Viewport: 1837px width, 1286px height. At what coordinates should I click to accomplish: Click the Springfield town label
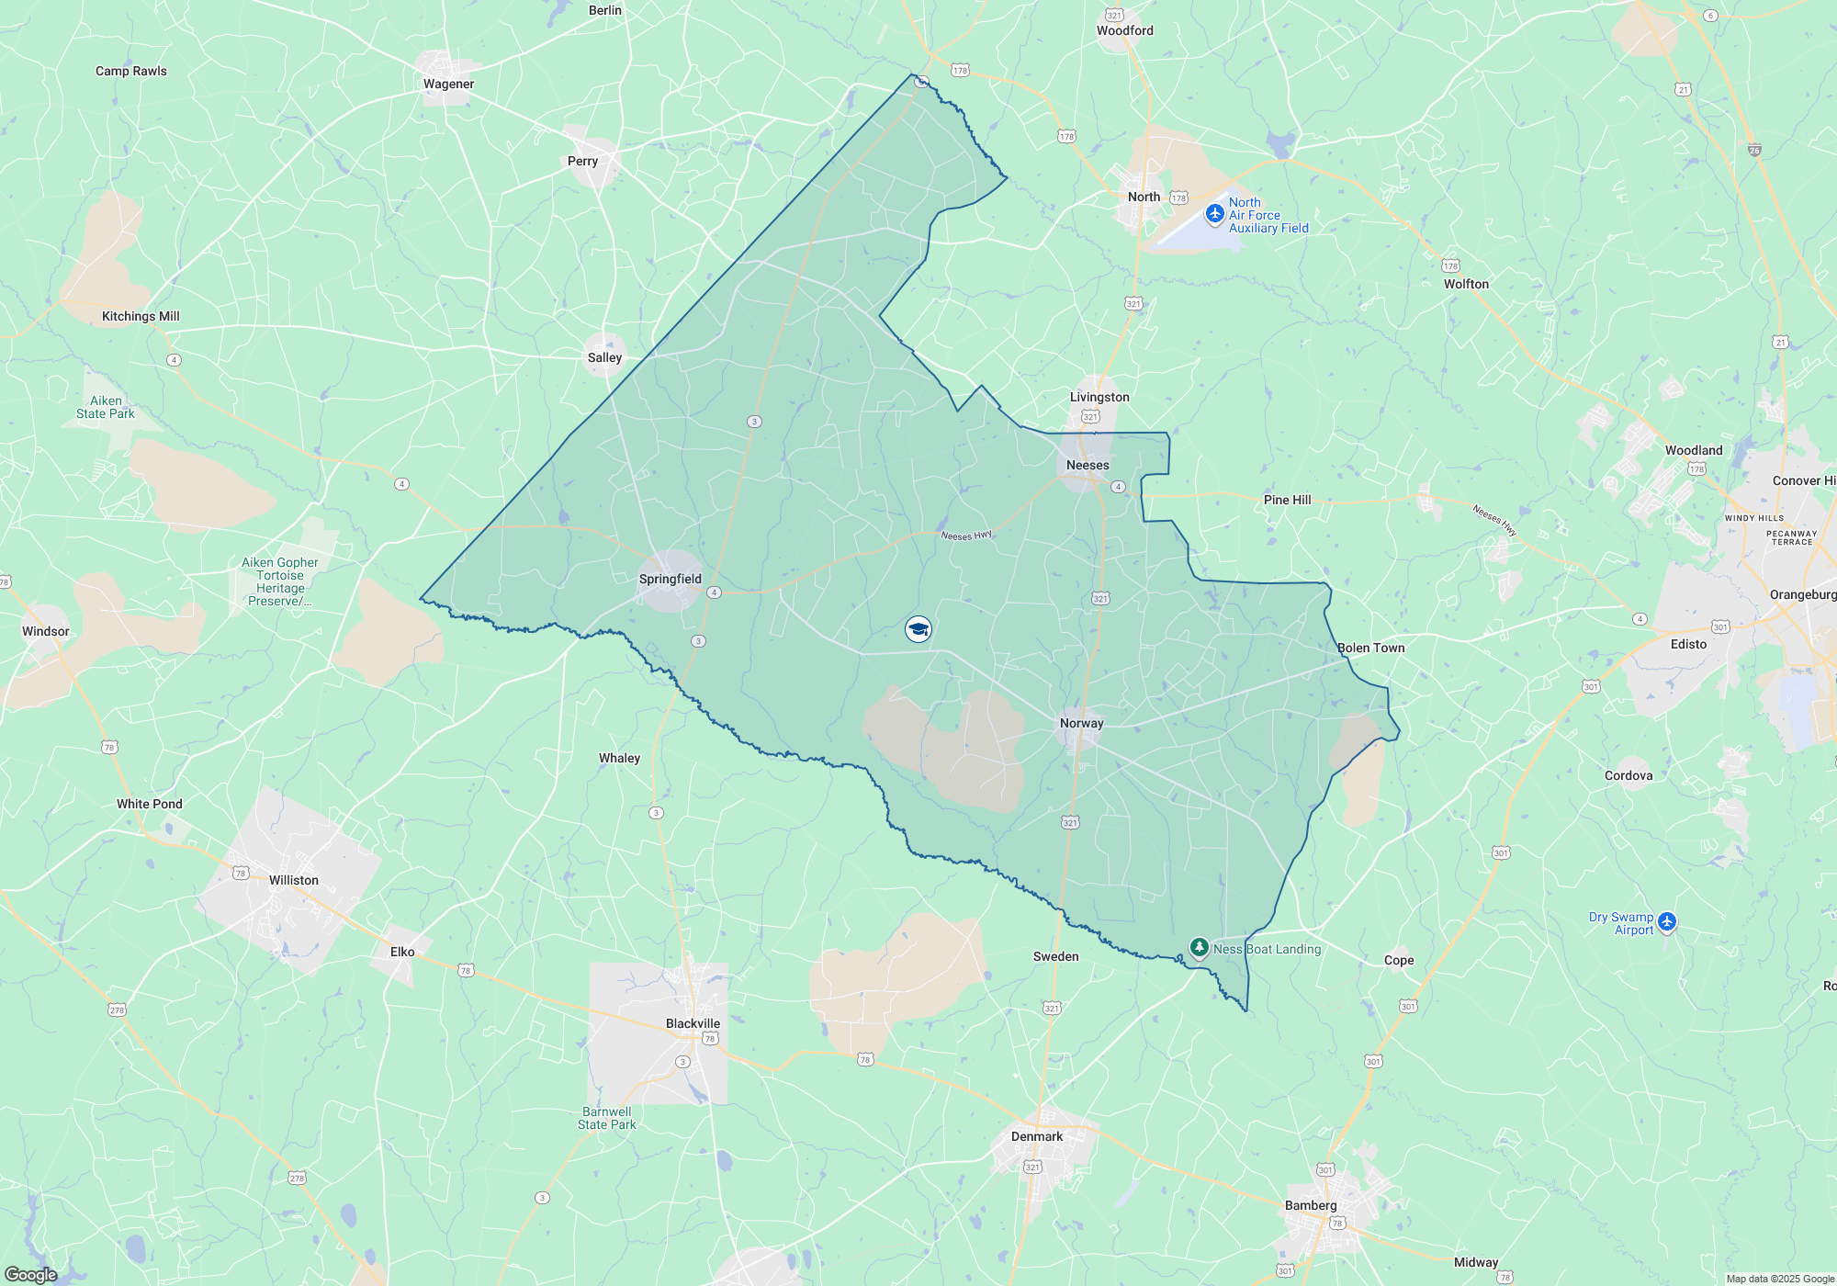coord(670,579)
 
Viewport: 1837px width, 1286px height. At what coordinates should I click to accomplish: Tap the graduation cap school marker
coord(918,629)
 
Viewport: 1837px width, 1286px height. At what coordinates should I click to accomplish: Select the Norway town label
coord(1081,723)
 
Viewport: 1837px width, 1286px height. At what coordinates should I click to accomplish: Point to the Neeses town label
coord(1088,465)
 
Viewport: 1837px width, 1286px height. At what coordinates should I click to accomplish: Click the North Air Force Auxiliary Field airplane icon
coord(1214,214)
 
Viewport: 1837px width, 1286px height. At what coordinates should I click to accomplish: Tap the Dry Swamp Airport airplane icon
coord(1668,921)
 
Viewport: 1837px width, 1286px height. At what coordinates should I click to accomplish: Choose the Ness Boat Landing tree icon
coord(1199,947)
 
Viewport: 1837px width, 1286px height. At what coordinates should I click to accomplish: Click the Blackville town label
coord(693,1023)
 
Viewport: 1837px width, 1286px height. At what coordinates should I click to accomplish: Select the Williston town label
coord(293,880)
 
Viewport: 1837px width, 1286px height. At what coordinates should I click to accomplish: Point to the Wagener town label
coord(448,84)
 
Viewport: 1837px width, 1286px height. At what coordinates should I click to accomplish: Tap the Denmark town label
coord(1037,1136)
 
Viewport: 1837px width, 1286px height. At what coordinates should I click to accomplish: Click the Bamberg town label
coord(1311,1205)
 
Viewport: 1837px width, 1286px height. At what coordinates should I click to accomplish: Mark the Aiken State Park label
coord(106,407)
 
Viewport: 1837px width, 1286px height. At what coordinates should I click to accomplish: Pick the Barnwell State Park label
coord(606,1118)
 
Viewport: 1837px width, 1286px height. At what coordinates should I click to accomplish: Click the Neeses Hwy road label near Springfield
coord(966,535)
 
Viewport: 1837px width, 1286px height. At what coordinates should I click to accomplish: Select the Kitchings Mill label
coord(141,316)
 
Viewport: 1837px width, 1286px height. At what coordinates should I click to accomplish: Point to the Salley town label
coord(604,357)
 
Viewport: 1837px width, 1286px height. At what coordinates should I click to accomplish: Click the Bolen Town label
coord(1370,648)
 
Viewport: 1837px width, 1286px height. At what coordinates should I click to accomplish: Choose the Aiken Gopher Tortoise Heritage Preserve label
coord(280,581)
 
